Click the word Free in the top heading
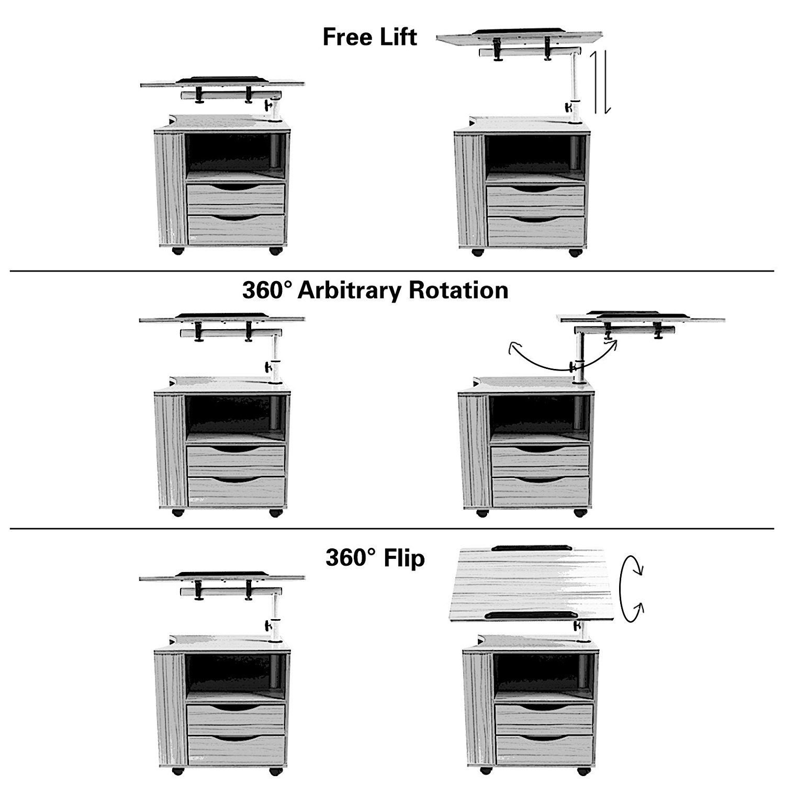(x=347, y=37)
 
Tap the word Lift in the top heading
(x=399, y=37)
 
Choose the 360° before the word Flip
(x=350, y=558)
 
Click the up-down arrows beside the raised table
(x=600, y=83)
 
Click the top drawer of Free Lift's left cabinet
(x=235, y=194)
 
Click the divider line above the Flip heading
(x=392, y=529)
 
